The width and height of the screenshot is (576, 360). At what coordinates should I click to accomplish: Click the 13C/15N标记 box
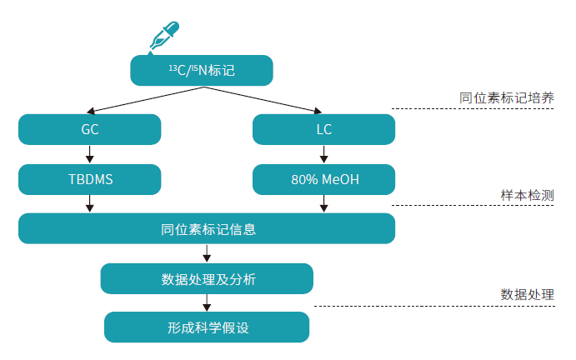202,71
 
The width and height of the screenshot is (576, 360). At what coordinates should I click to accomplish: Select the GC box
90,130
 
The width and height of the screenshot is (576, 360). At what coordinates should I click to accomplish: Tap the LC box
323,130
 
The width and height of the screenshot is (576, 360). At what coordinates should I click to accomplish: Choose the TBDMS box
90,179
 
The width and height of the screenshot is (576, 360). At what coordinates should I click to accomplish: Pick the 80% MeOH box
323,179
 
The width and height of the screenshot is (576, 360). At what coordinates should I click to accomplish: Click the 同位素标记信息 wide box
207,228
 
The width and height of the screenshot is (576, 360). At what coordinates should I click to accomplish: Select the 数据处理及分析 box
207,278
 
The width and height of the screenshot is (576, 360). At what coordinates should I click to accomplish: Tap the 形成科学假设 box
207,327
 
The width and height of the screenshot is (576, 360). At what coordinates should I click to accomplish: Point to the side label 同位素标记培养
506,97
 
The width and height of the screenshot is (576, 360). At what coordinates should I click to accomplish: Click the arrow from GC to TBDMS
90,154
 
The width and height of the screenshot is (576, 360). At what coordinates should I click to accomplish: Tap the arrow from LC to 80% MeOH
323,154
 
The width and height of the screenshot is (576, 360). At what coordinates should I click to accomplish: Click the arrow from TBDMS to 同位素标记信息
90,203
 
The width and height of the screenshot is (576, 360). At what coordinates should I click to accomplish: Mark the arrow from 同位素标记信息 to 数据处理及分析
207,253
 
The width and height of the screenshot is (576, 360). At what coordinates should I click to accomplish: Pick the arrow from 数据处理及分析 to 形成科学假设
207,303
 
